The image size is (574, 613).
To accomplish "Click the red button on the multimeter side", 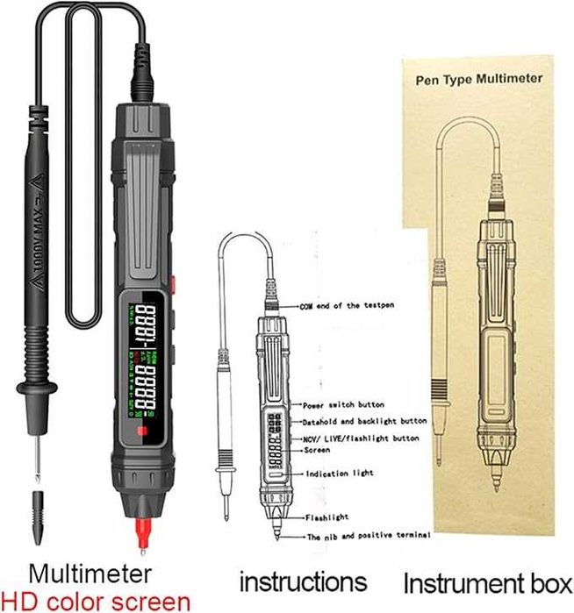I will (175, 286).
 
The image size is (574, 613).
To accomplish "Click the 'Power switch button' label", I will (341, 405).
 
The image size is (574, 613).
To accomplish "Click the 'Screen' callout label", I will (317, 450).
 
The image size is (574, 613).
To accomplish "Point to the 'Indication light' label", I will (338, 474).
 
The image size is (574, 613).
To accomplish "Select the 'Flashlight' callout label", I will (326, 517).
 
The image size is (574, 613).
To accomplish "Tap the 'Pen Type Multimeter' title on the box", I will (478, 78).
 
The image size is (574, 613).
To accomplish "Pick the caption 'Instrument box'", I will (487, 583).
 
